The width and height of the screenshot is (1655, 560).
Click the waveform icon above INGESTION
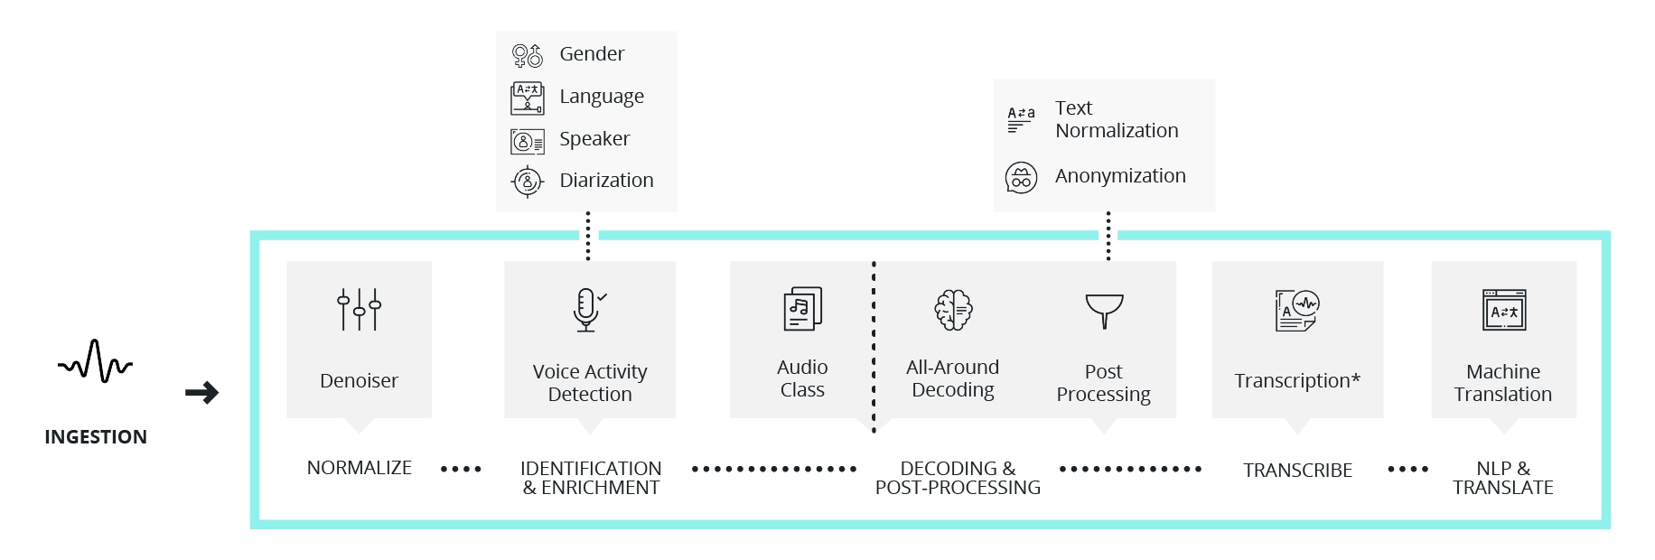[95, 361]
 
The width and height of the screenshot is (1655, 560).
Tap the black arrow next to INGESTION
[202, 393]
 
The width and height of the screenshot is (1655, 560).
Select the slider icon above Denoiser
[359, 310]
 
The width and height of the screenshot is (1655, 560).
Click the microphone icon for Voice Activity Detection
[587, 310]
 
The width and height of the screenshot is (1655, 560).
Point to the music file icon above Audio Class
[802, 309]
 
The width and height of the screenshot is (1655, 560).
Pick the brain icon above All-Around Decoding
[953, 310]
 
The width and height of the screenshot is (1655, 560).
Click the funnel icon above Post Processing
[1104, 311]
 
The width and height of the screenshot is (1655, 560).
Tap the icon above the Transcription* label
[1297, 311]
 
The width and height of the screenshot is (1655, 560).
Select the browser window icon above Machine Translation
[1504, 311]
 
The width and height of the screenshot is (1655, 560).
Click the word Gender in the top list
[592, 54]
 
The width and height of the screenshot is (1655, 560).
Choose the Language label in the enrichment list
[602, 97]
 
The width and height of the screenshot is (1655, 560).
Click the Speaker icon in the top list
[528, 141]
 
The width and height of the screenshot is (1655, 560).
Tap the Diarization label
[606, 181]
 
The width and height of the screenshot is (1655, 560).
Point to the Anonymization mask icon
[1022, 178]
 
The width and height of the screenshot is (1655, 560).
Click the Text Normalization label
[1117, 119]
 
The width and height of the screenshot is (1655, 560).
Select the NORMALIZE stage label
[360, 468]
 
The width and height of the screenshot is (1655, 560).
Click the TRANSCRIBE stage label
[1297, 471]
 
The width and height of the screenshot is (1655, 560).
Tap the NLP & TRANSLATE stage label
[1503, 478]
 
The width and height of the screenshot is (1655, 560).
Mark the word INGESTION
[96, 437]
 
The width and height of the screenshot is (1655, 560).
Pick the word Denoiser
[359, 381]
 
